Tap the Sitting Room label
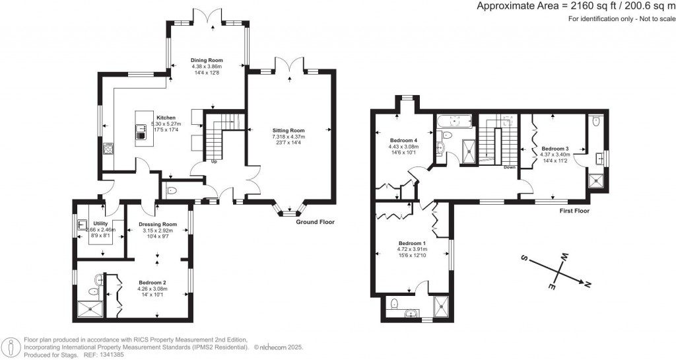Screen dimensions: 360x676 tap(289, 131)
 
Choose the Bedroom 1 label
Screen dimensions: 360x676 tap(413, 243)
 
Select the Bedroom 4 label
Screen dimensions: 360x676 tap(403, 140)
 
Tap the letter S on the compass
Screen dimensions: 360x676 tap(524, 258)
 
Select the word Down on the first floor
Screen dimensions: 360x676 tap(509, 167)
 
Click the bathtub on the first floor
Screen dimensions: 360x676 tap(454, 120)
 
